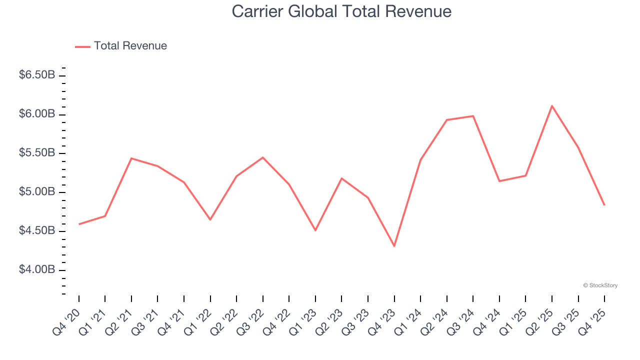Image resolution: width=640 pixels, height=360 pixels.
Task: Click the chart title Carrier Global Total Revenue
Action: pos(341,11)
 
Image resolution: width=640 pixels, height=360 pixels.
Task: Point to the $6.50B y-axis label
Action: pos(37,75)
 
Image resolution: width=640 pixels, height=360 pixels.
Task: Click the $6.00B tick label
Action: pos(37,114)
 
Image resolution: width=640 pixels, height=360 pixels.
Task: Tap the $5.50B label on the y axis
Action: pos(37,153)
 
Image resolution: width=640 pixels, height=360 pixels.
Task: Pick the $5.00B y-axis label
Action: pos(37,192)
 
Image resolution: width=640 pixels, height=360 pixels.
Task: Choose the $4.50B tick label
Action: pos(37,231)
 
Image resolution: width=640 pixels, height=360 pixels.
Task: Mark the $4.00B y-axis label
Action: pos(37,270)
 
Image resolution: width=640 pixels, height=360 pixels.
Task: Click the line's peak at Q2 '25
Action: pos(552,106)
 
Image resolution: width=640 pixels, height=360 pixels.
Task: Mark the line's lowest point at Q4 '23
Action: pos(394,246)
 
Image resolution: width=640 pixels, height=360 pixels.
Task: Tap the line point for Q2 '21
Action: pos(131,158)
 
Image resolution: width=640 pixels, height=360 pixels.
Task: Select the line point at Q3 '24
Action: pos(473,116)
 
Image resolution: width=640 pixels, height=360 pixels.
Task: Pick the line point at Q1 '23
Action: pos(315,230)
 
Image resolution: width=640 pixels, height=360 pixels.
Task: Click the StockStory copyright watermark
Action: pos(600,285)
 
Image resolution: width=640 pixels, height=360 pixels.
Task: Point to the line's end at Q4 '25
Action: pos(604,205)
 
